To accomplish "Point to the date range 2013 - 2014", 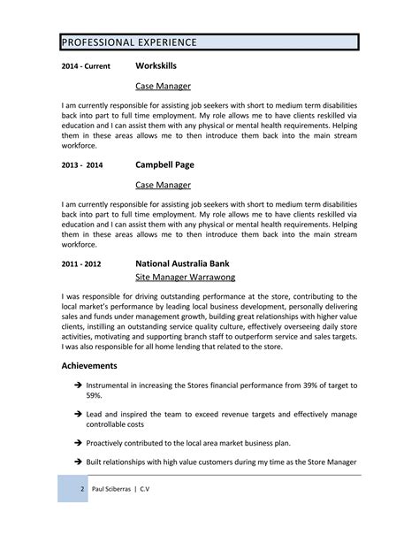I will [x=82, y=165].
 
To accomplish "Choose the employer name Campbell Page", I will [x=164, y=164].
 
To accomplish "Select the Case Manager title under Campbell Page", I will [x=163, y=185].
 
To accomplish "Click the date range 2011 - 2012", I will [x=81, y=264].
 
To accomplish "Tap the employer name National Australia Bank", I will [x=194, y=263].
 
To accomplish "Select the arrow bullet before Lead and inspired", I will [x=79, y=414].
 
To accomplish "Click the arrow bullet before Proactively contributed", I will [x=79, y=441].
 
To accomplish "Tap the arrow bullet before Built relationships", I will [x=79, y=462].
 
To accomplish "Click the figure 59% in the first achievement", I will [x=95, y=397].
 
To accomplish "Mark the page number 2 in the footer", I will [x=81, y=488].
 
